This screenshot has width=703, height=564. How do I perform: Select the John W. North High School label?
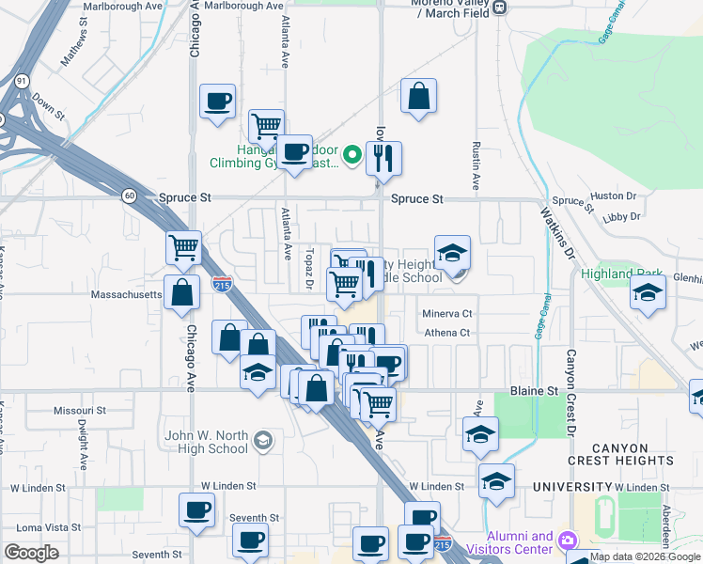pyautogui.click(x=206, y=442)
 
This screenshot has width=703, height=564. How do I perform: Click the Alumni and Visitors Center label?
pyautogui.click(x=508, y=542)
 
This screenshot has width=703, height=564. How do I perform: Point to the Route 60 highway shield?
pyautogui.click(x=129, y=196)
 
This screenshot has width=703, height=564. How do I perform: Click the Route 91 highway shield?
pyautogui.click(x=21, y=82)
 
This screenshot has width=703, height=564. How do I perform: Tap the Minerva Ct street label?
pyautogui.click(x=446, y=313)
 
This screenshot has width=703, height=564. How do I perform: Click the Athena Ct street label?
pyautogui.click(x=445, y=333)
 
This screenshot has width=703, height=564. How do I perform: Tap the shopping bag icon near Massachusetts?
pyautogui.click(x=181, y=292)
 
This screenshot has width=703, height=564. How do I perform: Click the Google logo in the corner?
pyautogui.click(x=31, y=553)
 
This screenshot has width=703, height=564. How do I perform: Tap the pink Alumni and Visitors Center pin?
pyautogui.click(x=567, y=540)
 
